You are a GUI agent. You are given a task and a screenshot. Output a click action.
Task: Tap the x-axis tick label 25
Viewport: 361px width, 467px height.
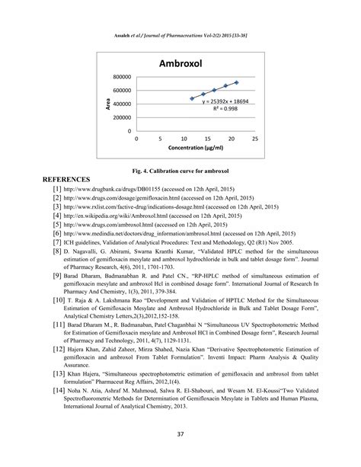click(255, 139)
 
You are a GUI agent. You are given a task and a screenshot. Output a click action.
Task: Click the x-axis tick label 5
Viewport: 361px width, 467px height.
click(160, 139)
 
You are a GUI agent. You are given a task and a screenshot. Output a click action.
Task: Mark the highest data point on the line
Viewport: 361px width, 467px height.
click(236, 82)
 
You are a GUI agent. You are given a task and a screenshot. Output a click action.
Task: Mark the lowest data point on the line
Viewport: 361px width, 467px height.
click(192, 98)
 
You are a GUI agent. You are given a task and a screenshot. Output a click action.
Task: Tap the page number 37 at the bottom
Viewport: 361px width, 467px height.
click(180, 444)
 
